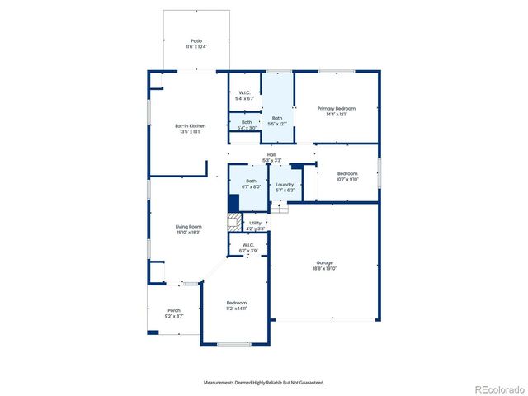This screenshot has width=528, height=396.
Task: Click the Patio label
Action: [196, 40]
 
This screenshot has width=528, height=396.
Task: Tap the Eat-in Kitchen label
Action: [188, 126]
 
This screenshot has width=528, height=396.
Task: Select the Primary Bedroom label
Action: [337, 108]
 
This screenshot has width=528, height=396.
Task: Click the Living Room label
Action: [188, 227]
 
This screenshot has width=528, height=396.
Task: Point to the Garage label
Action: [324, 262]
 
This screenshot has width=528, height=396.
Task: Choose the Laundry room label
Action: [285, 185]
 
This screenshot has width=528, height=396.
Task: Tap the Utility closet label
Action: [255, 223]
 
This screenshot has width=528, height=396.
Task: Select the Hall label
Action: [271, 154]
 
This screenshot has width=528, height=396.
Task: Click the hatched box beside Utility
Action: [234, 222]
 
